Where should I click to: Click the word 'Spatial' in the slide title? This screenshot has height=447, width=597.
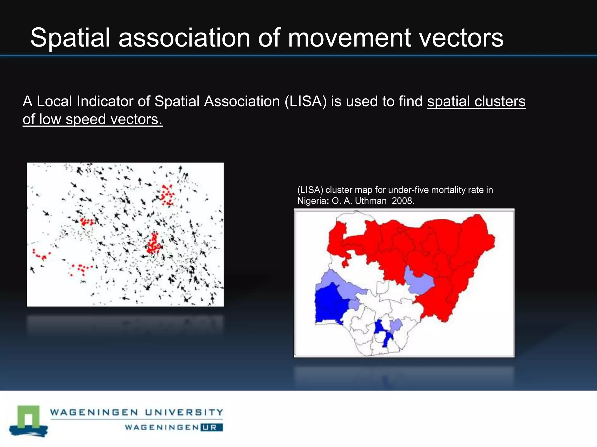coord(70,38)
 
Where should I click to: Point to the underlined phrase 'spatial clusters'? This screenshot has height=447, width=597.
coord(476,102)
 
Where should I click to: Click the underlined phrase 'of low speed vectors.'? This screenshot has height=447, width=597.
coord(92,119)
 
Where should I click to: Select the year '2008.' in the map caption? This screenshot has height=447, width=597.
coord(403,201)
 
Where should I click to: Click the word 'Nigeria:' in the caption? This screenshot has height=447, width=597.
coord(313,201)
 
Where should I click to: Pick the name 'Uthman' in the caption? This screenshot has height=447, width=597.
coord(371,201)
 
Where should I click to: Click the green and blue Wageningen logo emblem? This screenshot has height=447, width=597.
coord(28,420)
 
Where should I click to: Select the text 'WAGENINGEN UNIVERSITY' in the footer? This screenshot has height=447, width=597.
coord(136,412)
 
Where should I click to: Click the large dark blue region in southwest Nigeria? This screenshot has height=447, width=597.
coord(331,304)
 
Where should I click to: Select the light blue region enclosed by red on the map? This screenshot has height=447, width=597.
coord(420,281)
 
